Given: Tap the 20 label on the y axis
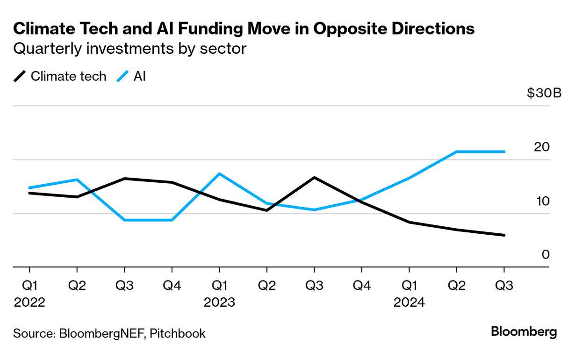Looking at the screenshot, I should pos(541,147).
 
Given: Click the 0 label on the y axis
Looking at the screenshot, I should pos(545,255).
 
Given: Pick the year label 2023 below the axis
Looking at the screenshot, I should pos(219,302).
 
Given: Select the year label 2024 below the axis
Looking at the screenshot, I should pos(409,302).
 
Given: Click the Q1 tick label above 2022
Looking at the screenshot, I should pos(29,286).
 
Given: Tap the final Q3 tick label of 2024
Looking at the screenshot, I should pos(503,286).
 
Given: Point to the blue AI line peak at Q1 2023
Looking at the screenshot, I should pos(219,174).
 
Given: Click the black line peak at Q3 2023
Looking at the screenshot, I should pos(314,178).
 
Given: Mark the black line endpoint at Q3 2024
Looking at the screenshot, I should pos(503,235).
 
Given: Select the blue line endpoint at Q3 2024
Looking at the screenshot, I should pos(503,151).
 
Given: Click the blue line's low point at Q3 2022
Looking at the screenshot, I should pos(124,220).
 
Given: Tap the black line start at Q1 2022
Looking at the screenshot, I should pos(29,193).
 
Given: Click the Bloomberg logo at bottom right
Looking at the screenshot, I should pos(524,332).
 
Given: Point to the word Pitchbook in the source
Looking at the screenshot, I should pos(178,333).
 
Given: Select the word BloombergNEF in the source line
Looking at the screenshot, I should pos(100,333).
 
